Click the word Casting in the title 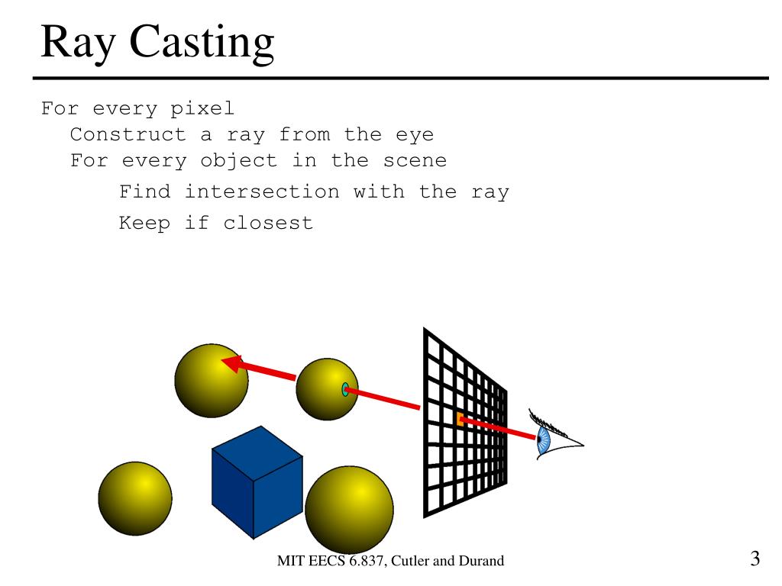[x=202, y=43]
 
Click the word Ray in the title [x=79, y=43]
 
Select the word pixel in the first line [x=202, y=109]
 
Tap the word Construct [x=128, y=135]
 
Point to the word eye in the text [x=414, y=135]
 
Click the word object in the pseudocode [x=238, y=161]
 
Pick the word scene [x=415, y=161]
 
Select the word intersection [x=262, y=192]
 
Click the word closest [x=268, y=223]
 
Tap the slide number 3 [x=755, y=559]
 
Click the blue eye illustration [x=544, y=441]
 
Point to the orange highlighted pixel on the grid [x=460, y=419]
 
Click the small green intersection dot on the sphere [x=345, y=390]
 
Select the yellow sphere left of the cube [x=135, y=498]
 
